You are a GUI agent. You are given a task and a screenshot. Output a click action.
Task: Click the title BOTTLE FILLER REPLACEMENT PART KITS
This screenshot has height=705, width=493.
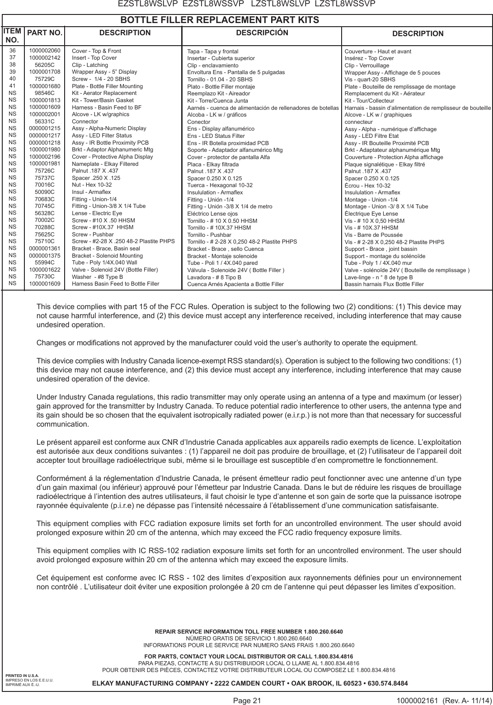point(219,20)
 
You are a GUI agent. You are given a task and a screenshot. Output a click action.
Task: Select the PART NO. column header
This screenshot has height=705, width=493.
point(45,33)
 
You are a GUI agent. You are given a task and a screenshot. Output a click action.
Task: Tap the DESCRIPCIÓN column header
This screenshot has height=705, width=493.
point(262,33)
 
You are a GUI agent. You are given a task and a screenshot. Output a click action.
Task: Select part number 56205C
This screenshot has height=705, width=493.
point(45,65)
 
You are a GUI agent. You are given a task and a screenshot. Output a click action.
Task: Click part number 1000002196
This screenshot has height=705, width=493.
point(45,156)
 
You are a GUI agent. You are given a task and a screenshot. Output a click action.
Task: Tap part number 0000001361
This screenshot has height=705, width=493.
point(45,248)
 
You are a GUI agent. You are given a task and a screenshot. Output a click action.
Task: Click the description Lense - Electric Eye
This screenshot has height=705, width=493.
point(97,213)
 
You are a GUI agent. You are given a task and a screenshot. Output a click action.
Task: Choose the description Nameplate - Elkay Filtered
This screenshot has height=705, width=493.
point(105,164)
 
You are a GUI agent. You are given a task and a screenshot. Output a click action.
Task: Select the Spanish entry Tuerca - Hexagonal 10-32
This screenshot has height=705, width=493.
point(220,185)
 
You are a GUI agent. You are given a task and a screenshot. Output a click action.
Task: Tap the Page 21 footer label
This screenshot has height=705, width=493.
point(247,701)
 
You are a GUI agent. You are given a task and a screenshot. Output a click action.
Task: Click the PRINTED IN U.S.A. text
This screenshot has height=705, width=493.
point(22,675)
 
